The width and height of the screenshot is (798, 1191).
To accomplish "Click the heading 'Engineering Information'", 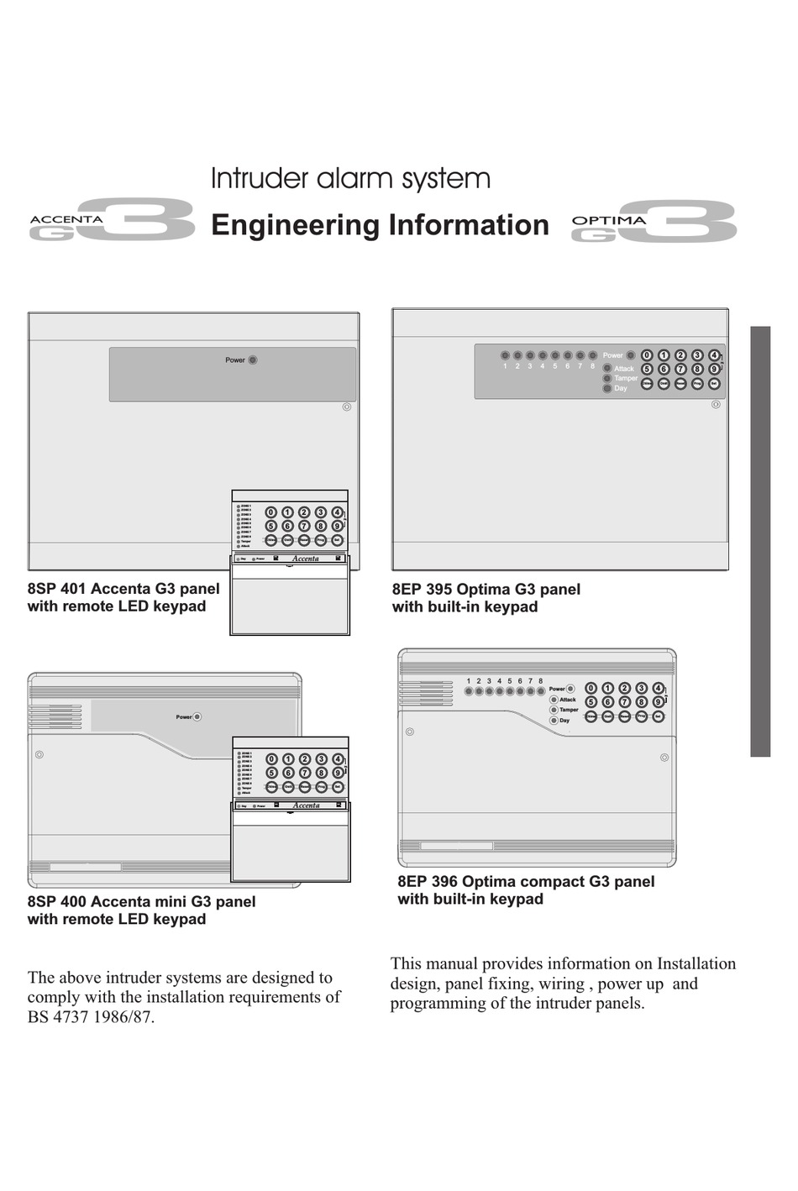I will tap(380, 225).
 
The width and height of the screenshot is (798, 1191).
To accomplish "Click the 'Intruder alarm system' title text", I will tap(350, 179).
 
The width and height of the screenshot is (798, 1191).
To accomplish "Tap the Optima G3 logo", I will tap(654, 223).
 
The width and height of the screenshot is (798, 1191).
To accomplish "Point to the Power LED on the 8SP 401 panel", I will tap(253, 360).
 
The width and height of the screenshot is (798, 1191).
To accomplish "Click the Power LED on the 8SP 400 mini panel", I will tap(198, 717).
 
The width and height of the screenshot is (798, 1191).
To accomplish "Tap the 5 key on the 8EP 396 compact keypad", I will tap(591, 702).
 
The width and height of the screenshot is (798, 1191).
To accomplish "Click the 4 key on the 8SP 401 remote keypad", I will tap(337, 512).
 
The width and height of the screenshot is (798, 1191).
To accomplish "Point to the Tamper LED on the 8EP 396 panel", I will tap(554, 710).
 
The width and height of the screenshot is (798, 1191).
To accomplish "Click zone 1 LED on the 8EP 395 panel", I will tap(506, 355).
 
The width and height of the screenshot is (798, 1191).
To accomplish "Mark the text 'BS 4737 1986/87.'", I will tap(91, 1017).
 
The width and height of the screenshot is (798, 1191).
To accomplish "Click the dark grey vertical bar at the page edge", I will tap(760, 542).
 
